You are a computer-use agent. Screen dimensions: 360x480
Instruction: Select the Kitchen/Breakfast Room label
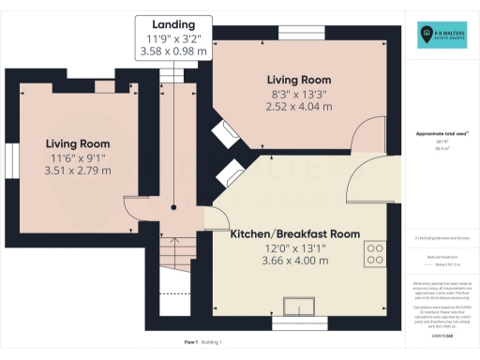click(x=295, y=232)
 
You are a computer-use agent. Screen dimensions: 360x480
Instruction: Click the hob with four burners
click(x=376, y=253)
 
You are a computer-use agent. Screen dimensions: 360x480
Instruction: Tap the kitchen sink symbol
click(x=302, y=307)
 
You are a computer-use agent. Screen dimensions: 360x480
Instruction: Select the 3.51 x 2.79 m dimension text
click(x=79, y=172)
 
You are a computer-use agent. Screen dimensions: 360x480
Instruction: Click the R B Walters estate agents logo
click(x=443, y=37)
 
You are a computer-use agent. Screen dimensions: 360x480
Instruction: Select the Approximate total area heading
click(x=442, y=133)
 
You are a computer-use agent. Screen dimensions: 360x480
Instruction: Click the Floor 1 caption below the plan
click(x=190, y=342)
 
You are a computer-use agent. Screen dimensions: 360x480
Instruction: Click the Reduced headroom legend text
click(x=442, y=254)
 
